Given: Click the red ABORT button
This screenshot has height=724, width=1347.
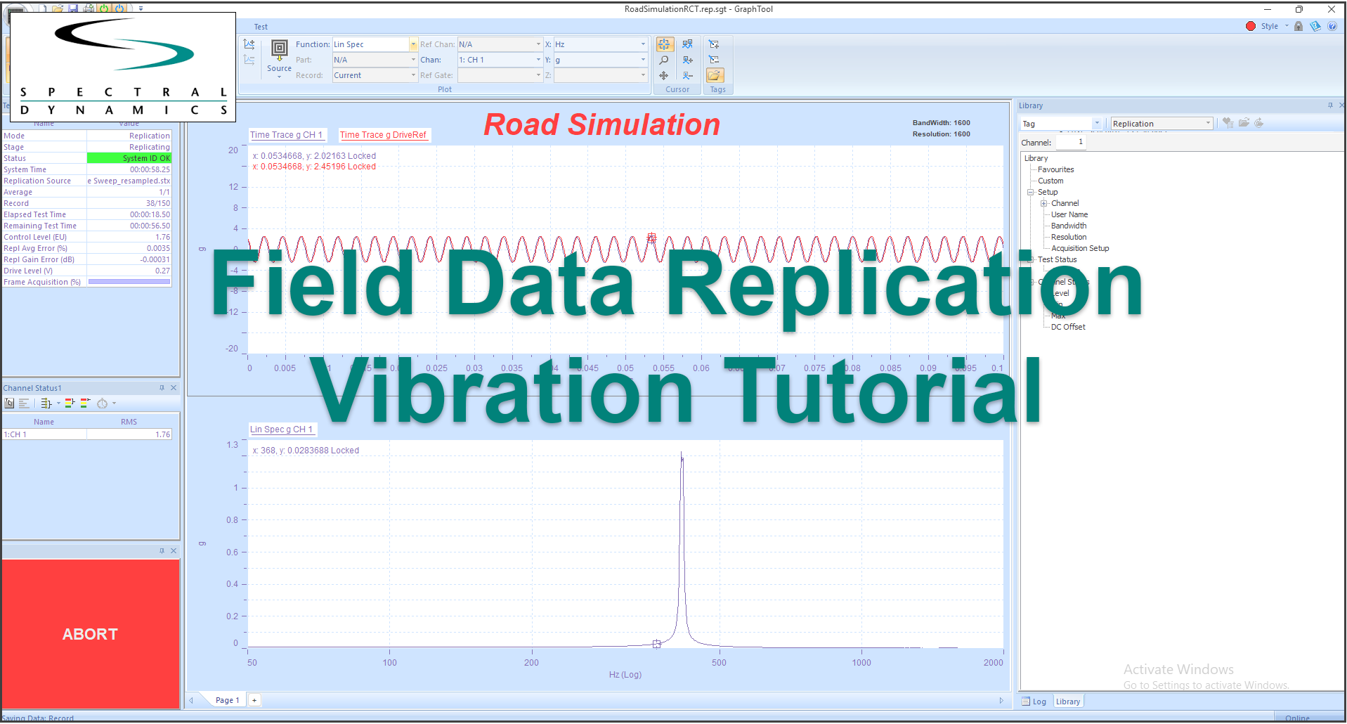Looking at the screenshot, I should click(x=91, y=633).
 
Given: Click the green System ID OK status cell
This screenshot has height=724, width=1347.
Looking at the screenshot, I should click(x=129, y=158).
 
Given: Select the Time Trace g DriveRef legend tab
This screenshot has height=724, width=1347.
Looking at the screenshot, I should click(x=383, y=135).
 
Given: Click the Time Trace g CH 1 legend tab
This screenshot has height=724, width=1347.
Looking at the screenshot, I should click(x=286, y=135).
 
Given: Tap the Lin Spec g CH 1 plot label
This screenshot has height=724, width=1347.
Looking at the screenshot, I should click(x=281, y=429).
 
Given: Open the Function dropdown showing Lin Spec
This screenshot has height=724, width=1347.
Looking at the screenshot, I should click(x=413, y=44).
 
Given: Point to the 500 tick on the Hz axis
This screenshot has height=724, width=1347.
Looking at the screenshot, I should click(x=719, y=663).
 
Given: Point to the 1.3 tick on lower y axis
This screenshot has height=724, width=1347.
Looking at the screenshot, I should click(x=233, y=445).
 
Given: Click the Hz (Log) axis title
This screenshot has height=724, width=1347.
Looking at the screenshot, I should click(x=625, y=675).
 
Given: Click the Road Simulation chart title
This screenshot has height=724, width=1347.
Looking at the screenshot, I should click(x=601, y=125).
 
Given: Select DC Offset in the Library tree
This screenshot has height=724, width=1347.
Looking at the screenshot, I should click(x=1068, y=327).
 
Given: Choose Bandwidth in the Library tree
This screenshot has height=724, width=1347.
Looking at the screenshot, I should click(x=1068, y=226).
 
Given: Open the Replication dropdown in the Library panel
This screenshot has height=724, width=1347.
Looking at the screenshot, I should click(x=1208, y=124).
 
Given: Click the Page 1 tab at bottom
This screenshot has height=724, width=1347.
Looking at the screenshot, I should click(x=227, y=700).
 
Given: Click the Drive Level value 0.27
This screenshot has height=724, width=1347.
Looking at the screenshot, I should click(x=162, y=271).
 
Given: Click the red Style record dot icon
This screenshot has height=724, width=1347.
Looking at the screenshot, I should click(x=1250, y=26).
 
